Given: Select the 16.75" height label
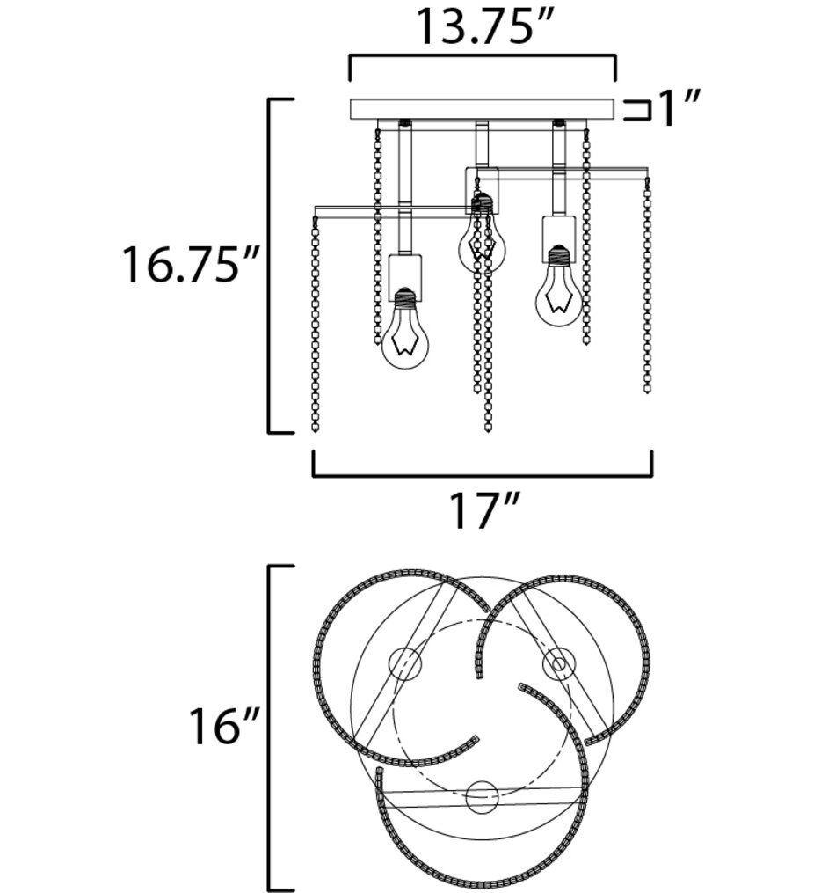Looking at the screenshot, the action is point(191,265).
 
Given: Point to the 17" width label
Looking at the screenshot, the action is point(484,511).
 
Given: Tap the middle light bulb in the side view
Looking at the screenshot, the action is point(483,239).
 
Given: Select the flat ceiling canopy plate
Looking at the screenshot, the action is point(483,109).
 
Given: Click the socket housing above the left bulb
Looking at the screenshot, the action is point(405,278).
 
